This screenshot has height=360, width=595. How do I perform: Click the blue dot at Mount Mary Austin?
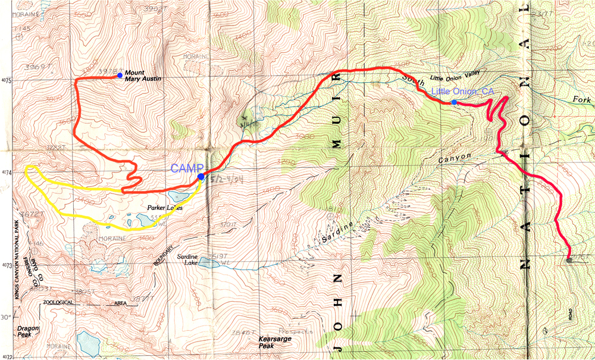coord(120,76)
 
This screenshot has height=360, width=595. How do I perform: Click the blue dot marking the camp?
coord(201,177)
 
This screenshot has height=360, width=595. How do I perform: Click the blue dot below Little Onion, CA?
coord(454,102)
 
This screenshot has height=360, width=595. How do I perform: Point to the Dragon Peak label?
coord(27,331)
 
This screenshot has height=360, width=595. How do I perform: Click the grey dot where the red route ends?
coord(569,261)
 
